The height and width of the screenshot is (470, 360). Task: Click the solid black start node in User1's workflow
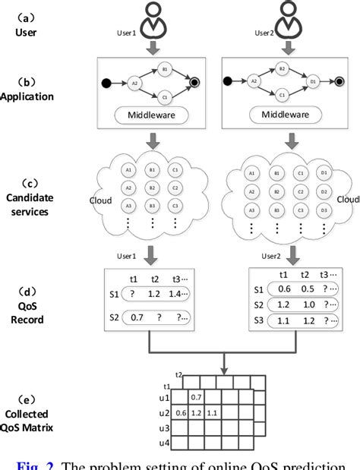click(x=106, y=81)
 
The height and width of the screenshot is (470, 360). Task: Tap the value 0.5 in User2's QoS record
click(x=307, y=288)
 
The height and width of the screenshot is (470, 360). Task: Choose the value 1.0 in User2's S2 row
click(x=307, y=304)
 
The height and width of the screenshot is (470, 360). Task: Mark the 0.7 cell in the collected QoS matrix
click(x=195, y=396)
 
